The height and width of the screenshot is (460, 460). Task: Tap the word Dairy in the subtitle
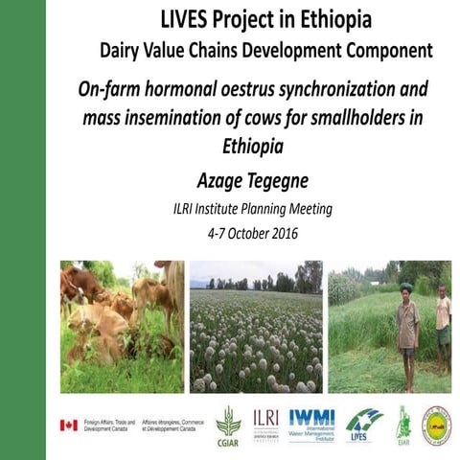coord(127,49)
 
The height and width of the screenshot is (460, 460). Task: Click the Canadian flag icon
coord(68,425)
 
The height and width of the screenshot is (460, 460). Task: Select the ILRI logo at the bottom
coord(265,422)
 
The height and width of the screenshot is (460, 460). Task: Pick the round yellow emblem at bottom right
coord(437,425)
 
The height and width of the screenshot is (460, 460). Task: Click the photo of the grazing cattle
coord(122,327)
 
